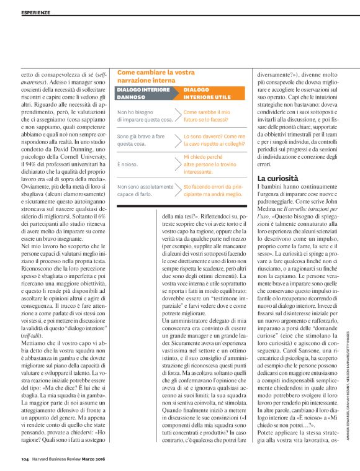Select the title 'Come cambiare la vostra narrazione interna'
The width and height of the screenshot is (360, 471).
pyautogui.click(x=156, y=76)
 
